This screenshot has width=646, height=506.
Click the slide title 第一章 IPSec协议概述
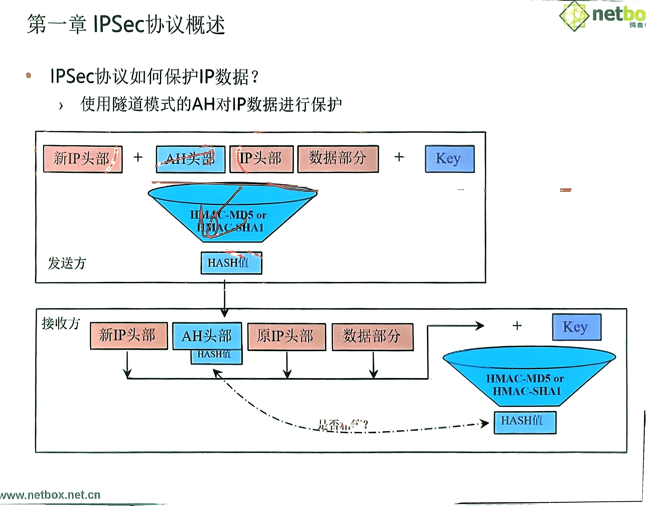(126, 24)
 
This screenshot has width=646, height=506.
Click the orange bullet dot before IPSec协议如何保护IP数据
(29, 75)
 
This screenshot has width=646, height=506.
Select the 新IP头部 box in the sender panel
(82, 159)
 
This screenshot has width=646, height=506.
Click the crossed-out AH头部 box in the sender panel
(190, 159)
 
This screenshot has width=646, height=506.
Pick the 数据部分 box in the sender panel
(338, 158)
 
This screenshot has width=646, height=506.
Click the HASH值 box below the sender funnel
(231, 263)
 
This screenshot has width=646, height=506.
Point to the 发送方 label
(67, 263)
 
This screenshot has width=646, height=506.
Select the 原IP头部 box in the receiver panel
(286, 337)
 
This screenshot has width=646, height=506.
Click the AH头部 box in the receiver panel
(207, 336)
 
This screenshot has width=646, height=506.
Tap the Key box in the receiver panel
(576, 327)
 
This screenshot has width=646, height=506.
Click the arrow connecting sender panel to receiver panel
(224, 296)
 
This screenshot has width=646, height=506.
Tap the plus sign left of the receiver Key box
(517, 326)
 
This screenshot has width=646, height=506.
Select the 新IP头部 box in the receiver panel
(129, 336)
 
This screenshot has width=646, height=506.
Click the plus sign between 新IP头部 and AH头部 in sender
(138, 157)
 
